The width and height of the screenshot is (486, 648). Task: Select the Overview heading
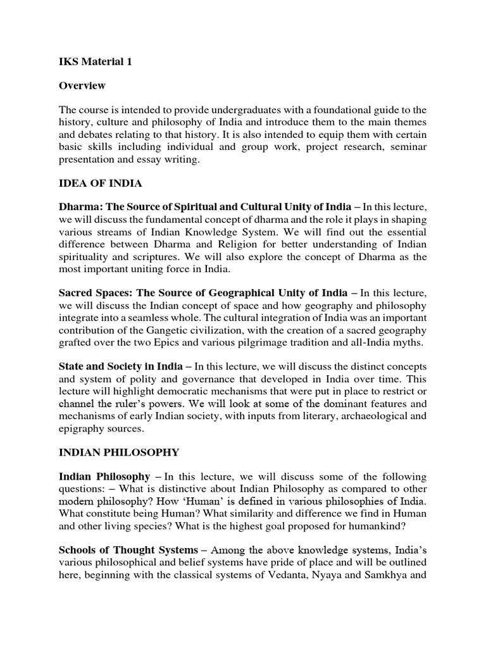(82, 85)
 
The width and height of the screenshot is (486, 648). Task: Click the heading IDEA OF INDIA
(101, 184)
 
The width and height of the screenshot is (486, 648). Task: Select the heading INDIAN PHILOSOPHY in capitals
(119, 452)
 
